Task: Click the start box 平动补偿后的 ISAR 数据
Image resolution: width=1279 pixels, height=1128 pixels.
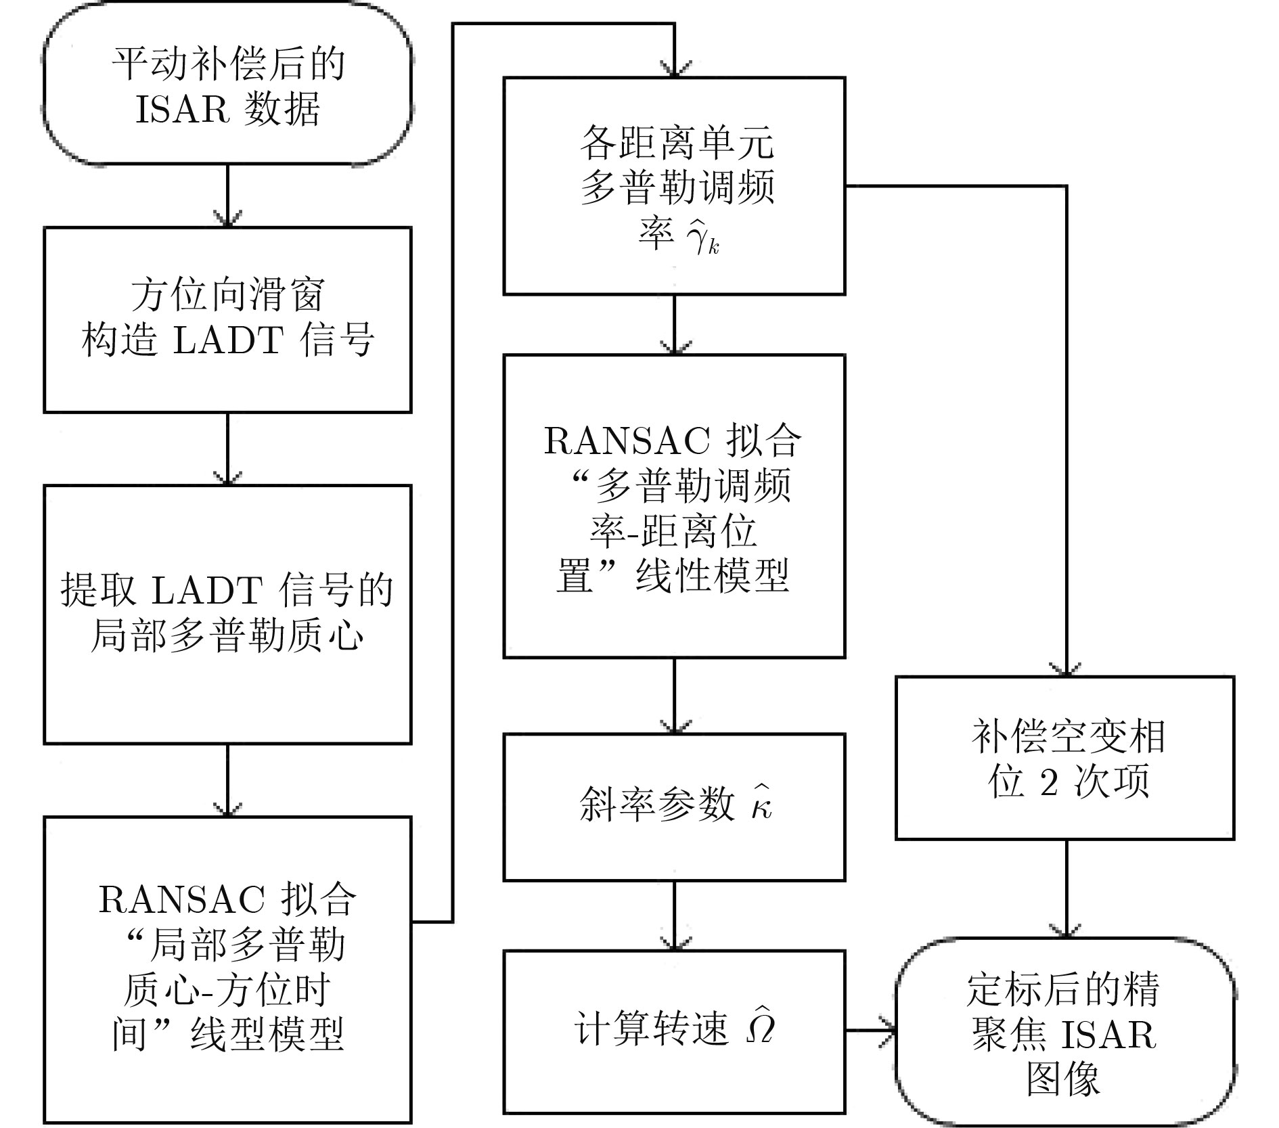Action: [227, 84]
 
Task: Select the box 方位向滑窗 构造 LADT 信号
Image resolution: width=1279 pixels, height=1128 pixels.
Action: [227, 319]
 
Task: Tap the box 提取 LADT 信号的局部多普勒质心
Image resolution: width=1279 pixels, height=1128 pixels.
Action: [227, 614]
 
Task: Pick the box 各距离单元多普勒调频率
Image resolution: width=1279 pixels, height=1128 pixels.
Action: [674, 186]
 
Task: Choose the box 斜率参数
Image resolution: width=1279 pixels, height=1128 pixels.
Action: [674, 807]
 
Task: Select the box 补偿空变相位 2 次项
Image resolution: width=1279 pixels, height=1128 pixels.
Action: [1065, 758]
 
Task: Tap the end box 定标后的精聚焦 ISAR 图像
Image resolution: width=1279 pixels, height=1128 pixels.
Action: [1065, 1031]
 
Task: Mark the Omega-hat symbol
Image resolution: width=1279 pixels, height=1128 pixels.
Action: [759, 1027]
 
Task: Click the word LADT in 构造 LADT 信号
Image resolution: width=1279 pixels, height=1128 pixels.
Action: [227, 340]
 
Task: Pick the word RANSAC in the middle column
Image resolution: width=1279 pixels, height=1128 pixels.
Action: [627, 441]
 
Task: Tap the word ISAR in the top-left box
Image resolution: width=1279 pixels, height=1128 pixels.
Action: [182, 110]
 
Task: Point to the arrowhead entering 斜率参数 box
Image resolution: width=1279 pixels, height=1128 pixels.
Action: [675, 727]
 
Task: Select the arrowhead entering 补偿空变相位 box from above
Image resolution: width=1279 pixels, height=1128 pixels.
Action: [1067, 669]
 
